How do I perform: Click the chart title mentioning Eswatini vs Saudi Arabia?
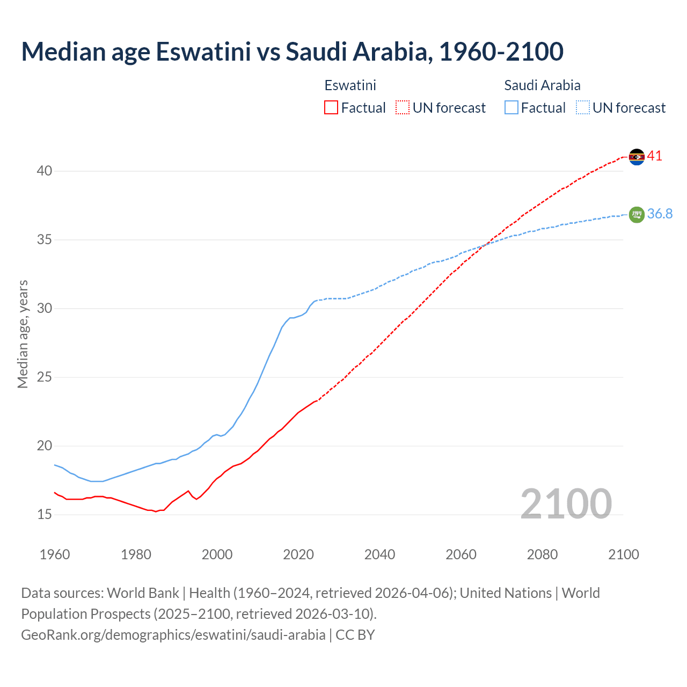tap(292, 52)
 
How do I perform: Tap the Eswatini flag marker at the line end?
tap(637, 157)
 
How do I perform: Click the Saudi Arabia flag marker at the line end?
tap(637, 214)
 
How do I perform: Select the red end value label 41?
tap(655, 156)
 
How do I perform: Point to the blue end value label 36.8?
tap(660, 214)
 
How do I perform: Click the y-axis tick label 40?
tap(44, 171)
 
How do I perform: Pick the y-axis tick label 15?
tap(44, 515)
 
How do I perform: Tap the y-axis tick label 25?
tap(44, 377)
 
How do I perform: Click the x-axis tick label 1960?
tap(55, 554)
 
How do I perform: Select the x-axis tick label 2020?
tap(298, 554)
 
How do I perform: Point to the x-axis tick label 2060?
tap(461, 554)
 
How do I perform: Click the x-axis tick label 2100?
tap(623, 554)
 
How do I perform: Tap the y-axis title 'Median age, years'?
tap(23, 334)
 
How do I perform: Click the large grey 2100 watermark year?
tap(566, 503)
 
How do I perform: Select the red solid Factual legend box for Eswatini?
tap(331, 108)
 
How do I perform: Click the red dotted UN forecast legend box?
tap(403, 108)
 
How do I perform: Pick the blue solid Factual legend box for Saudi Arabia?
tap(511, 108)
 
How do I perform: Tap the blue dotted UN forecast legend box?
tap(582, 108)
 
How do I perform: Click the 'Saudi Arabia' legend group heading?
tap(542, 85)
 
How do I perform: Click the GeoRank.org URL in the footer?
tap(173, 635)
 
